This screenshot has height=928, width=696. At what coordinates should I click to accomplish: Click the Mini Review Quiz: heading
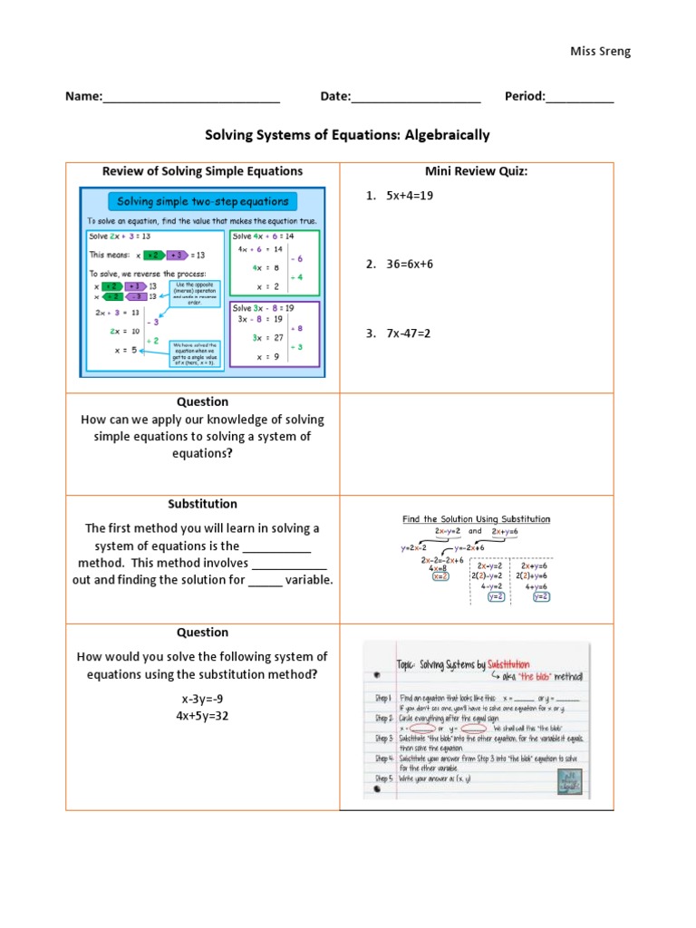coord(476,171)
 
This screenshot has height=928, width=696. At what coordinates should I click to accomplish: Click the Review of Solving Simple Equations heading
coord(202,171)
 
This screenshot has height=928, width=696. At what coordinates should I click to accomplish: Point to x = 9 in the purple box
coord(267,356)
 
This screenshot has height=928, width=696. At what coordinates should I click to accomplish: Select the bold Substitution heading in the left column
coord(202,504)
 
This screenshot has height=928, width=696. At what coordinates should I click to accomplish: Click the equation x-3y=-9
coord(202,699)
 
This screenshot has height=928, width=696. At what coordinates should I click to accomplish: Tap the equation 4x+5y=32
coord(202,715)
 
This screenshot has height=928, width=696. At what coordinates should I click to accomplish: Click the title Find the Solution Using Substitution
coord(476,519)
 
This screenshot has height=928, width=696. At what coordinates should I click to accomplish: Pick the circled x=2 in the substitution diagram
coord(441,576)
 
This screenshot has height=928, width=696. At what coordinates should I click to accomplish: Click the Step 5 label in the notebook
coord(383,778)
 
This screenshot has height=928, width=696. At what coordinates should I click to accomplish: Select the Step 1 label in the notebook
coord(383,698)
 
